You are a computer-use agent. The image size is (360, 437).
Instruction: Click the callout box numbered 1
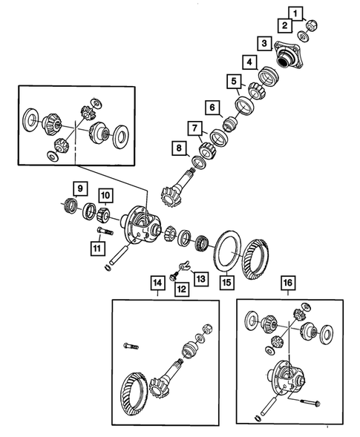295,13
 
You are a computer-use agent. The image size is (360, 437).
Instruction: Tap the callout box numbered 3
264,44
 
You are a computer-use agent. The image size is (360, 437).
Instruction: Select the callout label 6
212,108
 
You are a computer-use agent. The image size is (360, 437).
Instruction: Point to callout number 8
179,148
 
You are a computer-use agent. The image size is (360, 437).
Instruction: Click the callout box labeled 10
105,195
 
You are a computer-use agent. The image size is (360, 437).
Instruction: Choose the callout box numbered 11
97,249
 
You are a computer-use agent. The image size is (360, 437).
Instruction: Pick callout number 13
201,278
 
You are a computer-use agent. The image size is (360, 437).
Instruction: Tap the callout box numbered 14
157,283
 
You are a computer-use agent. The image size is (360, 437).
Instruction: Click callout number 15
226,283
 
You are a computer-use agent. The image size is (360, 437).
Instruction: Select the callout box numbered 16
288,283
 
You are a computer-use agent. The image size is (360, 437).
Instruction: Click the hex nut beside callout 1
312,26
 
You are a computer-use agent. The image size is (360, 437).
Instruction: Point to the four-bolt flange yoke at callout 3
287,56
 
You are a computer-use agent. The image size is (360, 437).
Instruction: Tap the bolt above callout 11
105,231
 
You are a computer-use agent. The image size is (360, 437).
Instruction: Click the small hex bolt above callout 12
174,276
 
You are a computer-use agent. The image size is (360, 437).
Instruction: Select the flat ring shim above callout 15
228,251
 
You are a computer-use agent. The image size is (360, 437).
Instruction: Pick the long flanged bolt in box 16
310,403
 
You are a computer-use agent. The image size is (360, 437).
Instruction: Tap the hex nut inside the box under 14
208,329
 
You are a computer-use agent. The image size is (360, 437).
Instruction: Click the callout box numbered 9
80,188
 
